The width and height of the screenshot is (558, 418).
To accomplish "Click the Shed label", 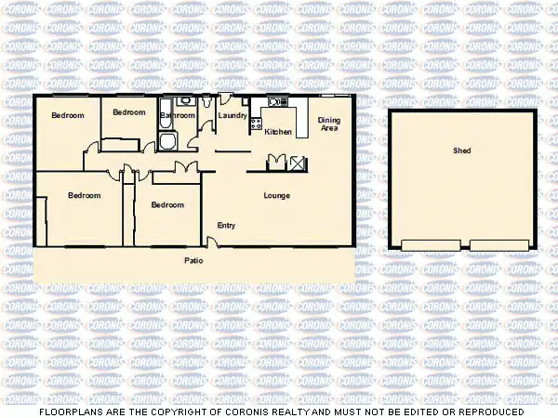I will point(461,150).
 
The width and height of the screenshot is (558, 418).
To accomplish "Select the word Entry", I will point(226,226).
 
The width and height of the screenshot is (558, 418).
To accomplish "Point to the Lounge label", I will point(276,195).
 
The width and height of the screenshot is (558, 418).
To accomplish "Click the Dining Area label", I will point(329,124).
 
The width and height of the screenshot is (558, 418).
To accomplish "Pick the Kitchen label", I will point(278,133).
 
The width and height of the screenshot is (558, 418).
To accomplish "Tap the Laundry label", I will point(232,116).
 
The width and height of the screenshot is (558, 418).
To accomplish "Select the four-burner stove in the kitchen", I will point(275,101).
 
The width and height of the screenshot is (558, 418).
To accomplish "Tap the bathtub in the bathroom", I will point(168,141).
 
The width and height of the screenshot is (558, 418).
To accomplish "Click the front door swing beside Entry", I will point(212,242).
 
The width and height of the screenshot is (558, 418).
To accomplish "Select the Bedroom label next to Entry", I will point(167,205).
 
